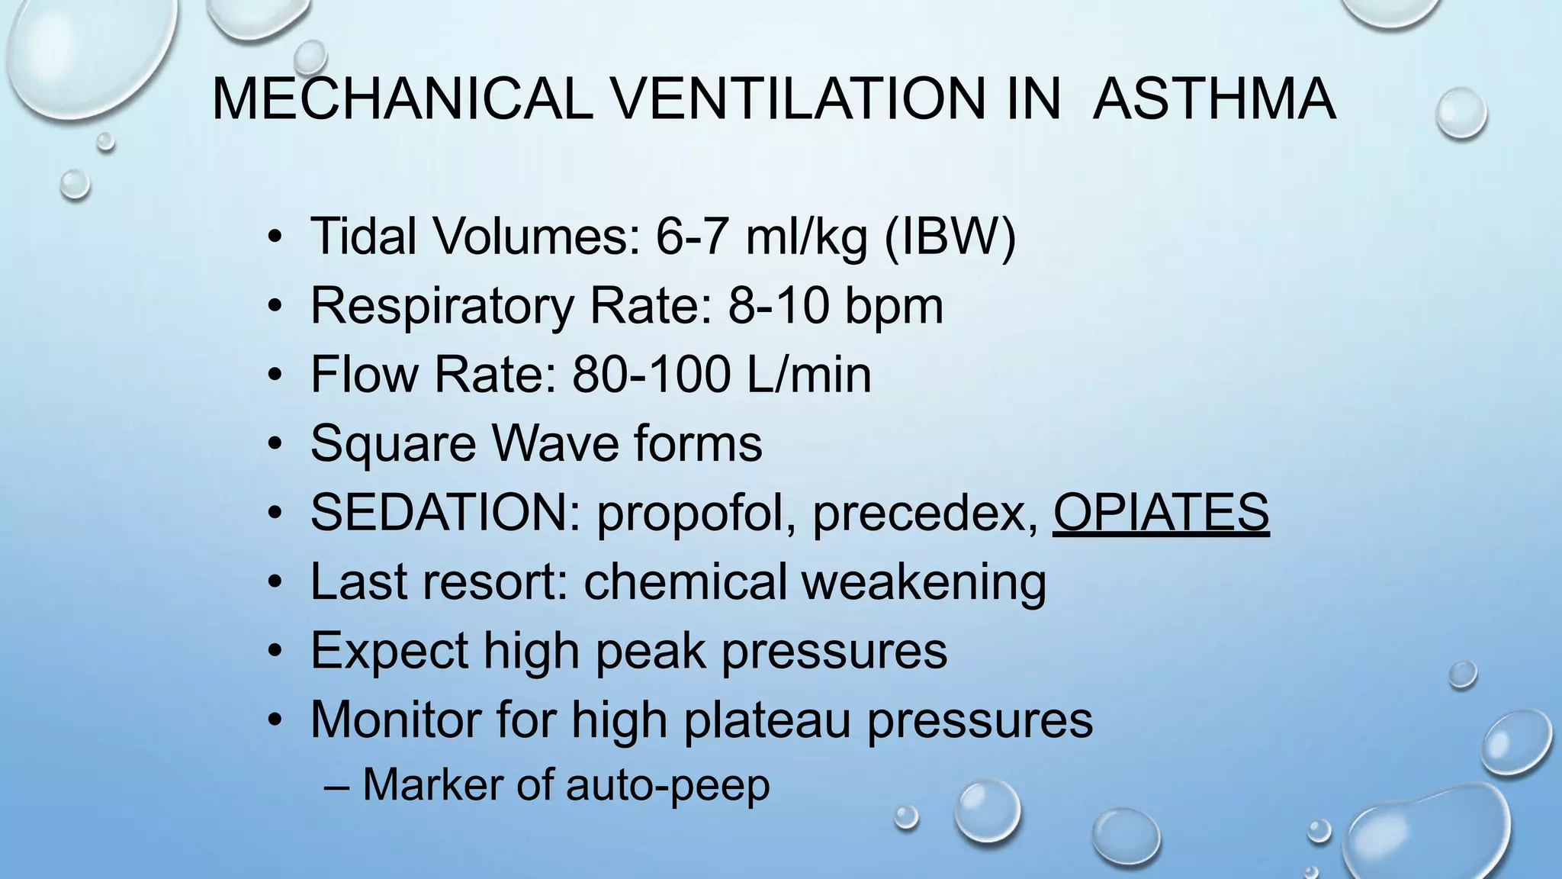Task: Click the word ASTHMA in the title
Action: (1214, 99)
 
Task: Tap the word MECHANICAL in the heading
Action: (402, 99)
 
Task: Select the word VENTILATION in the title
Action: (837, 99)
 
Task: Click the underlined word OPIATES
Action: (1161, 512)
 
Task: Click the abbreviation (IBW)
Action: (950, 237)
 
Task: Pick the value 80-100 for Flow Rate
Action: (651, 375)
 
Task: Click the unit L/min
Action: (809, 375)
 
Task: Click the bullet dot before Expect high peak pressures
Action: (276, 652)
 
